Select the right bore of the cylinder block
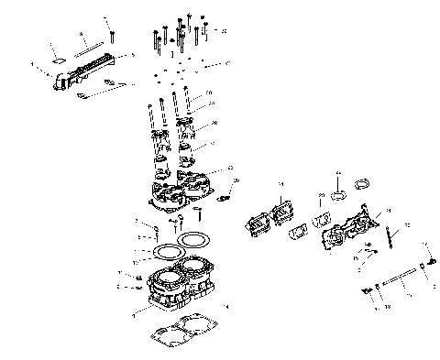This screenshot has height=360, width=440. (x=200, y=271)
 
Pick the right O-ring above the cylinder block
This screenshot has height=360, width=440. (x=194, y=240)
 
